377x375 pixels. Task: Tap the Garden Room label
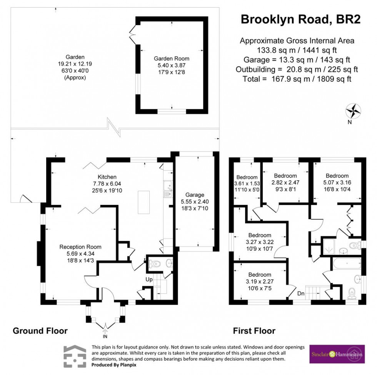[x=172, y=59]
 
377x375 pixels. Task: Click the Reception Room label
[x=80, y=247]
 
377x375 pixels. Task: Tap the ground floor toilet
[x=155, y=264]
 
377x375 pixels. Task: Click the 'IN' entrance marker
[x=105, y=330]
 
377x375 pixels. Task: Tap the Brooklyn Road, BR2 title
[x=300, y=20]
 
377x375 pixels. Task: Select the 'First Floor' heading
[x=254, y=331]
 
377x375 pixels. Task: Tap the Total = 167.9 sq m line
[x=297, y=79]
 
